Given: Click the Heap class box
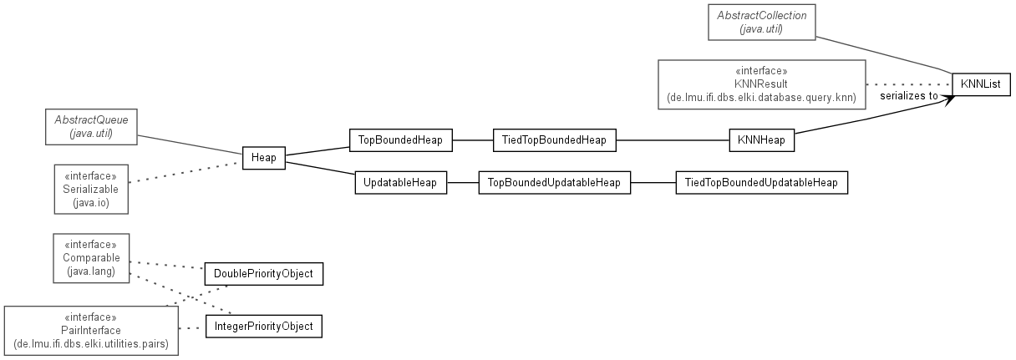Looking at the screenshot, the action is click(x=264, y=158).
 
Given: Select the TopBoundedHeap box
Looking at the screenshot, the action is click(x=401, y=140).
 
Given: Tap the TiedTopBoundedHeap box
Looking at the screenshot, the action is click(x=555, y=140).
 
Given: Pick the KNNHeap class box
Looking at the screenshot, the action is click(x=762, y=140).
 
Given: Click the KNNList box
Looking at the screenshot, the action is click(x=982, y=84).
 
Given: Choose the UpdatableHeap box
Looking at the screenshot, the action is click(x=401, y=183).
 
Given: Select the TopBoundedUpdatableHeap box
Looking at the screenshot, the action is click(x=555, y=183).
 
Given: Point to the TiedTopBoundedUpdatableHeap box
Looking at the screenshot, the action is click(x=762, y=183).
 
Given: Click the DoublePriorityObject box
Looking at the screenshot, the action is click(x=264, y=274).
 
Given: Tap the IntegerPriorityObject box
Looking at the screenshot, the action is click(x=264, y=327).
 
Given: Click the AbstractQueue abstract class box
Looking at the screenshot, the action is click(x=91, y=126).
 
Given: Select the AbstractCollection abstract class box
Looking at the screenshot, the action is click(x=762, y=23).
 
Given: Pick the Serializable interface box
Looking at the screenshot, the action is click(x=91, y=189).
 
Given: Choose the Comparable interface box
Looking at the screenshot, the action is click(x=91, y=258).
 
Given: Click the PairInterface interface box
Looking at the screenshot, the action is click(x=91, y=331).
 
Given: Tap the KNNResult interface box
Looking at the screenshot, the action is click(x=762, y=84).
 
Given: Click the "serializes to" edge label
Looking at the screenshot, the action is click(x=909, y=96).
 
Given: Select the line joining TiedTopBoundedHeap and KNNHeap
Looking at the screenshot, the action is click(x=673, y=140).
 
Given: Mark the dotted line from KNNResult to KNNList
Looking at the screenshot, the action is click(x=909, y=84).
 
